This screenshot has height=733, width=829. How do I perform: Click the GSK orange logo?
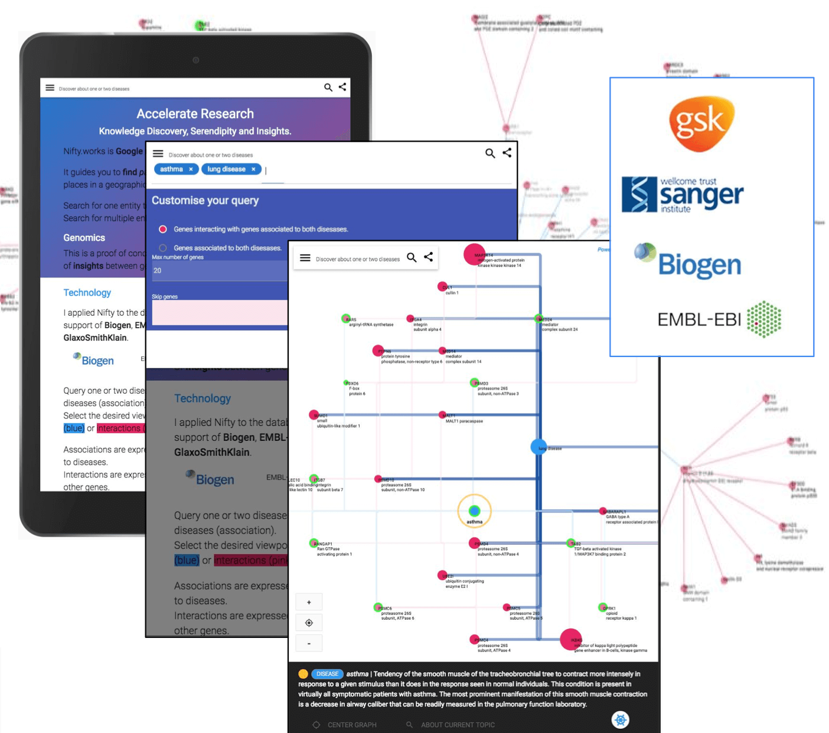click(x=701, y=123)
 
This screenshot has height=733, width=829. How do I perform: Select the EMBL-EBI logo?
click(x=719, y=319)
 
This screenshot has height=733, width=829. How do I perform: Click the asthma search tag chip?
click(x=171, y=169)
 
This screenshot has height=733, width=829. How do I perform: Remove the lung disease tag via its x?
click(x=253, y=169)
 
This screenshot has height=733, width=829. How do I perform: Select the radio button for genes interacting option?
click(x=163, y=229)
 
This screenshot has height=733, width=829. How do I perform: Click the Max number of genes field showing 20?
click(x=218, y=270)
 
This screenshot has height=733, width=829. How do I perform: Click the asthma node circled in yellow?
click(x=474, y=511)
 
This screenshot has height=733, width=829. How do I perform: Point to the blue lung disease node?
click(x=538, y=447)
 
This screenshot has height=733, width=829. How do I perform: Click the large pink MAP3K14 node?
click(x=474, y=254)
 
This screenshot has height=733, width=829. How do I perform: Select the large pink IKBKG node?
click(x=570, y=639)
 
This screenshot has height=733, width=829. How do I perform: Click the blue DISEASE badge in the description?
click(x=327, y=674)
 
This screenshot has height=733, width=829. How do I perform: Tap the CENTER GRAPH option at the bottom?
click(x=352, y=725)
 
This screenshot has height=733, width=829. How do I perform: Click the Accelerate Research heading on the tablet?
click(x=195, y=113)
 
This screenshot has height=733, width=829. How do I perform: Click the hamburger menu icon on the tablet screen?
click(x=50, y=88)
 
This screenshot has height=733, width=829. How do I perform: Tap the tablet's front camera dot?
click(x=196, y=60)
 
